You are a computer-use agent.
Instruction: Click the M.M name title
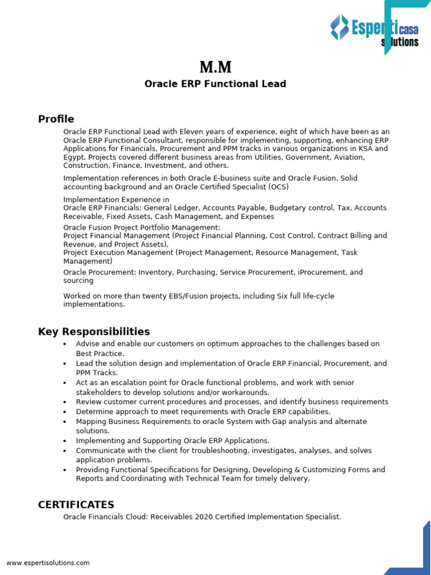click(x=215, y=68)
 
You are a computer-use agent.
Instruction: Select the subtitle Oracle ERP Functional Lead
click(x=215, y=84)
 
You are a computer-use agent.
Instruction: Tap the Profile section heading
click(x=56, y=119)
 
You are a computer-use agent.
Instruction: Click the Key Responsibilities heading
click(x=94, y=332)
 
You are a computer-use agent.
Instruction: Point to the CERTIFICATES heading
click(x=76, y=505)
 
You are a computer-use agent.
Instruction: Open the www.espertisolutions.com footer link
click(x=48, y=563)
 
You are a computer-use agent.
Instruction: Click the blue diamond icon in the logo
click(x=339, y=28)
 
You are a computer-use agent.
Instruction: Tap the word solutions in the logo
click(x=400, y=42)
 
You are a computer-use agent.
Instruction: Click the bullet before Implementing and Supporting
click(x=65, y=441)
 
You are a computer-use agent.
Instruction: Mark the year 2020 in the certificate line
click(x=206, y=517)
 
